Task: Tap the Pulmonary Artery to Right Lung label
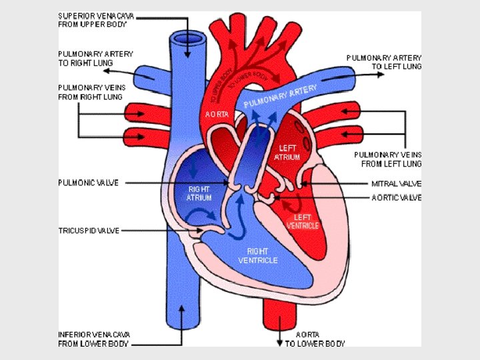[x=95, y=58]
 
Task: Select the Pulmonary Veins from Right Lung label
[x=91, y=92]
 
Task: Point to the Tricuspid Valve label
[x=89, y=231]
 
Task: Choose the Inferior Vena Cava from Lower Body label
[x=93, y=339]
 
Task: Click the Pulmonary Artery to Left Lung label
[x=383, y=62]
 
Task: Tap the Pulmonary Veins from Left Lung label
[x=387, y=159]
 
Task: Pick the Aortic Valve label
[x=396, y=198]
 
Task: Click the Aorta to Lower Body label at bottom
[x=315, y=339]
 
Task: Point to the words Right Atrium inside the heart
[x=199, y=193]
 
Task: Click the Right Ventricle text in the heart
[x=257, y=255]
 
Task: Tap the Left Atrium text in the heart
[x=287, y=153]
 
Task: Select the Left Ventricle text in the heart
[x=303, y=221]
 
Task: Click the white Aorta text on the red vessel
[x=217, y=115]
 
